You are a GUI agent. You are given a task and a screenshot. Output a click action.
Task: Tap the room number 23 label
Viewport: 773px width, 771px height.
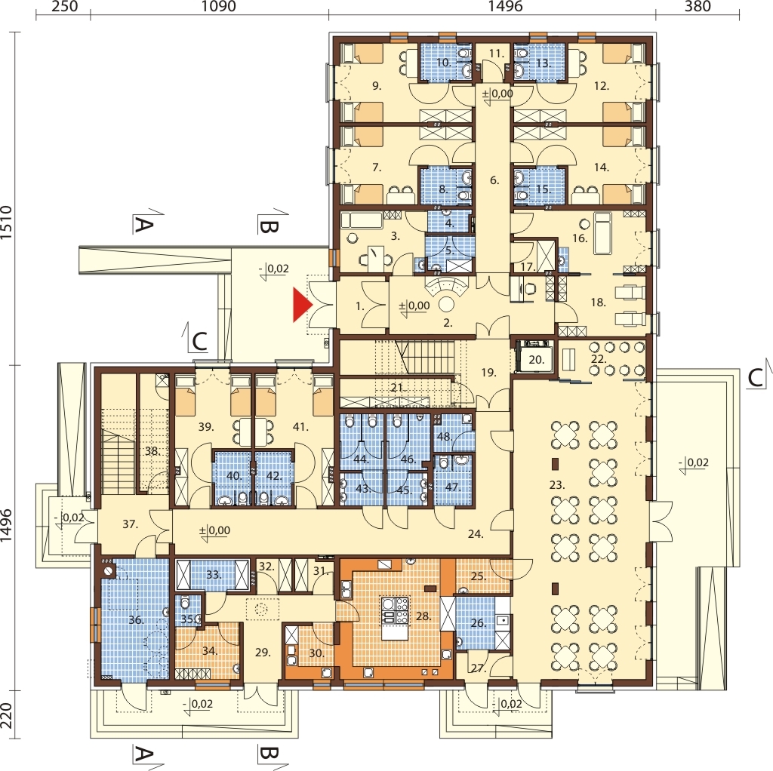[556, 485]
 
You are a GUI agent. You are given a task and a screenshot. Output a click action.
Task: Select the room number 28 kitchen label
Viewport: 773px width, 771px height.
[423, 616]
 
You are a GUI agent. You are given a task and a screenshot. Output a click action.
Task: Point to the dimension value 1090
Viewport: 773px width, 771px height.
[219, 6]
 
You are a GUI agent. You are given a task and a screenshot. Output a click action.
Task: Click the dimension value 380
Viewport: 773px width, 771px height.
[698, 6]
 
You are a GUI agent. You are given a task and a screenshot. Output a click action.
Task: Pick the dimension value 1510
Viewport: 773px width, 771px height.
[6, 223]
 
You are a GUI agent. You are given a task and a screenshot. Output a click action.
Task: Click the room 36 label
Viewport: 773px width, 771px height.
[136, 620]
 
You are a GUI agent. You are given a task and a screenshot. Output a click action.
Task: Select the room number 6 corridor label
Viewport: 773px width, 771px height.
[494, 181]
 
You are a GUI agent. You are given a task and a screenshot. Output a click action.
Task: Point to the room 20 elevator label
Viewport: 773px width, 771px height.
[536, 360]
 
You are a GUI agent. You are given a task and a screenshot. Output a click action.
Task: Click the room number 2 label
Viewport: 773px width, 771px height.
[448, 324]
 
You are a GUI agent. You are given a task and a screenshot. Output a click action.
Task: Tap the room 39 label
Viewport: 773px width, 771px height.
[206, 427]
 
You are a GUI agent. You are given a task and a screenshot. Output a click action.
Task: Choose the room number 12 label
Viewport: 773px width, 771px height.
[602, 86]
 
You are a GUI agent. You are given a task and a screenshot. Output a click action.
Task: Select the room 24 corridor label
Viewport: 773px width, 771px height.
[476, 534]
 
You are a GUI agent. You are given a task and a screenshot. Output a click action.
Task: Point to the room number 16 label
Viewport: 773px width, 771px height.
[580, 238]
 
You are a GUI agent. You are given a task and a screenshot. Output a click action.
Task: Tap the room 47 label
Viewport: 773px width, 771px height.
[452, 487]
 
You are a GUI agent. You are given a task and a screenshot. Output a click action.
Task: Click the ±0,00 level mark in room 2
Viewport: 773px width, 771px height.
[414, 306]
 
